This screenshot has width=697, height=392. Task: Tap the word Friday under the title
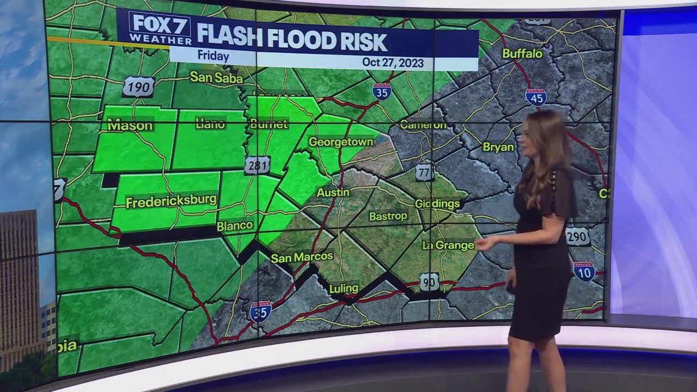click(x=213, y=56)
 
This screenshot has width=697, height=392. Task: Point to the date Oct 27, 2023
click(x=393, y=63)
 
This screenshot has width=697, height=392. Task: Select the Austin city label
click(x=333, y=192)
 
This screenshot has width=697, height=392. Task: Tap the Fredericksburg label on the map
click(x=171, y=201)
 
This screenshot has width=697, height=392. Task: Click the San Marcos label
click(x=302, y=257)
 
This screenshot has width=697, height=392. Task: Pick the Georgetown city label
click(x=341, y=142)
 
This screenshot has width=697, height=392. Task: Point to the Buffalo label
click(x=522, y=53)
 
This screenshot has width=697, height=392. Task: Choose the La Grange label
click(x=448, y=245)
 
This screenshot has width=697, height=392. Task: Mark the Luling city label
click(x=344, y=288)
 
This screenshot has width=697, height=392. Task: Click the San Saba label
click(x=216, y=78)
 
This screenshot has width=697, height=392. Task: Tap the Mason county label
click(x=130, y=126)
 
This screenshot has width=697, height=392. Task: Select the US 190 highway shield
click(x=138, y=87)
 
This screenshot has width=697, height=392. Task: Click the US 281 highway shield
click(x=257, y=165)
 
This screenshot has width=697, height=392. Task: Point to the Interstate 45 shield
click(x=536, y=97)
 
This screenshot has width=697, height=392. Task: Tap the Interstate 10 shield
click(x=584, y=271)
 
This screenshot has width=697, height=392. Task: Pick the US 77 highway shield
click(x=424, y=172)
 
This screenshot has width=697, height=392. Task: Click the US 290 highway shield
click(x=577, y=237)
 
